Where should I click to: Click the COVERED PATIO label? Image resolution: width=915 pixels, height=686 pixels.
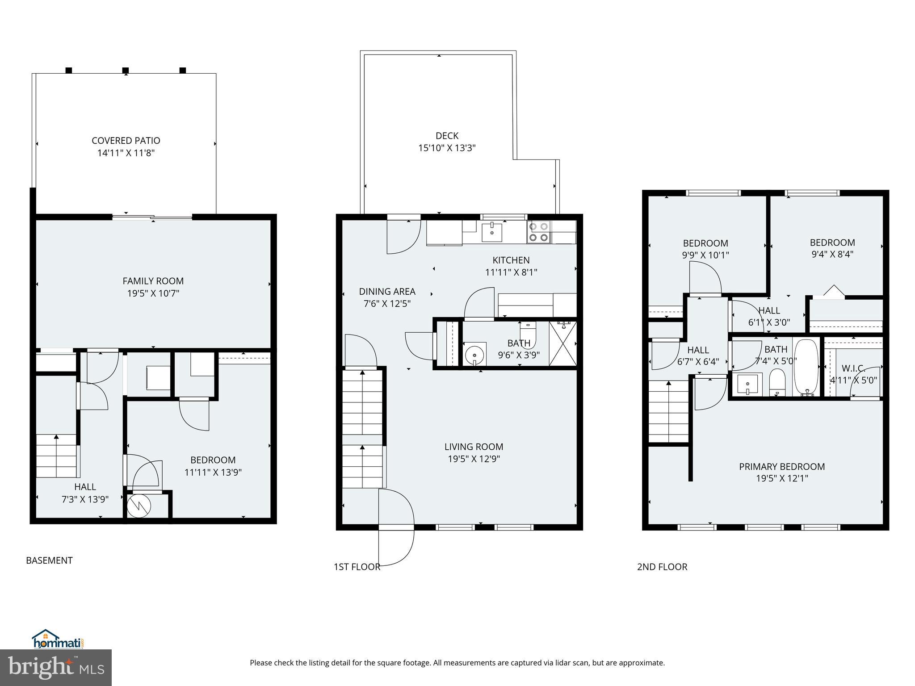pyautogui.click(x=126, y=141)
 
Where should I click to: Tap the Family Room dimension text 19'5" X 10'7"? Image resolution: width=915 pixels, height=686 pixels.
pyautogui.click(x=153, y=293)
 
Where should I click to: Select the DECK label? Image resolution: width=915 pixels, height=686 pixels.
pyautogui.click(x=447, y=136)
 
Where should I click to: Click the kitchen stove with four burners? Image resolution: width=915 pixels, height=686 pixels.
pyautogui.click(x=538, y=232)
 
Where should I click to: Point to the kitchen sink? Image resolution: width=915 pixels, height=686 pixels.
pyautogui.click(x=492, y=232)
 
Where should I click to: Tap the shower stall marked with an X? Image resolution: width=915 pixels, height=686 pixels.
pyautogui.click(x=562, y=343)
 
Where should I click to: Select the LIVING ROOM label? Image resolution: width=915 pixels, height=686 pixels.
pyautogui.click(x=474, y=447)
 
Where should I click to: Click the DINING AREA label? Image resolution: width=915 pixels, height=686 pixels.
pyautogui.click(x=387, y=292)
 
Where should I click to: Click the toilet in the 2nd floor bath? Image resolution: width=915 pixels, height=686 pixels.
pyautogui.click(x=778, y=382)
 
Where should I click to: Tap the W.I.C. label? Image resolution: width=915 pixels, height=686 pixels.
pyautogui.click(x=853, y=369)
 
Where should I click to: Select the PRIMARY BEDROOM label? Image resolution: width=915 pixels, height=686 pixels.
pyautogui.click(x=782, y=467)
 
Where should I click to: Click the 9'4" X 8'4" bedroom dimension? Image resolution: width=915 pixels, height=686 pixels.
pyautogui.click(x=832, y=255)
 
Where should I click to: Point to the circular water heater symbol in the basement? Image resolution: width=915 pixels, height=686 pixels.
pyautogui.click(x=139, y=506)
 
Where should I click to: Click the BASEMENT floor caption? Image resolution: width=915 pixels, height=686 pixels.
pyautogui.click(x=49, y=561)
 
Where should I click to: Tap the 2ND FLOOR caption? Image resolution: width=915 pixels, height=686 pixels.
pyautogui.click(x=662, y=567)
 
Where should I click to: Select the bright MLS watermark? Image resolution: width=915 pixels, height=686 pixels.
pyautogui.click(x=56, y=667)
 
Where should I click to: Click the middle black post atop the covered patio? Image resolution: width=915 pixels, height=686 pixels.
pyautogui.click(x=126, y=71)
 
